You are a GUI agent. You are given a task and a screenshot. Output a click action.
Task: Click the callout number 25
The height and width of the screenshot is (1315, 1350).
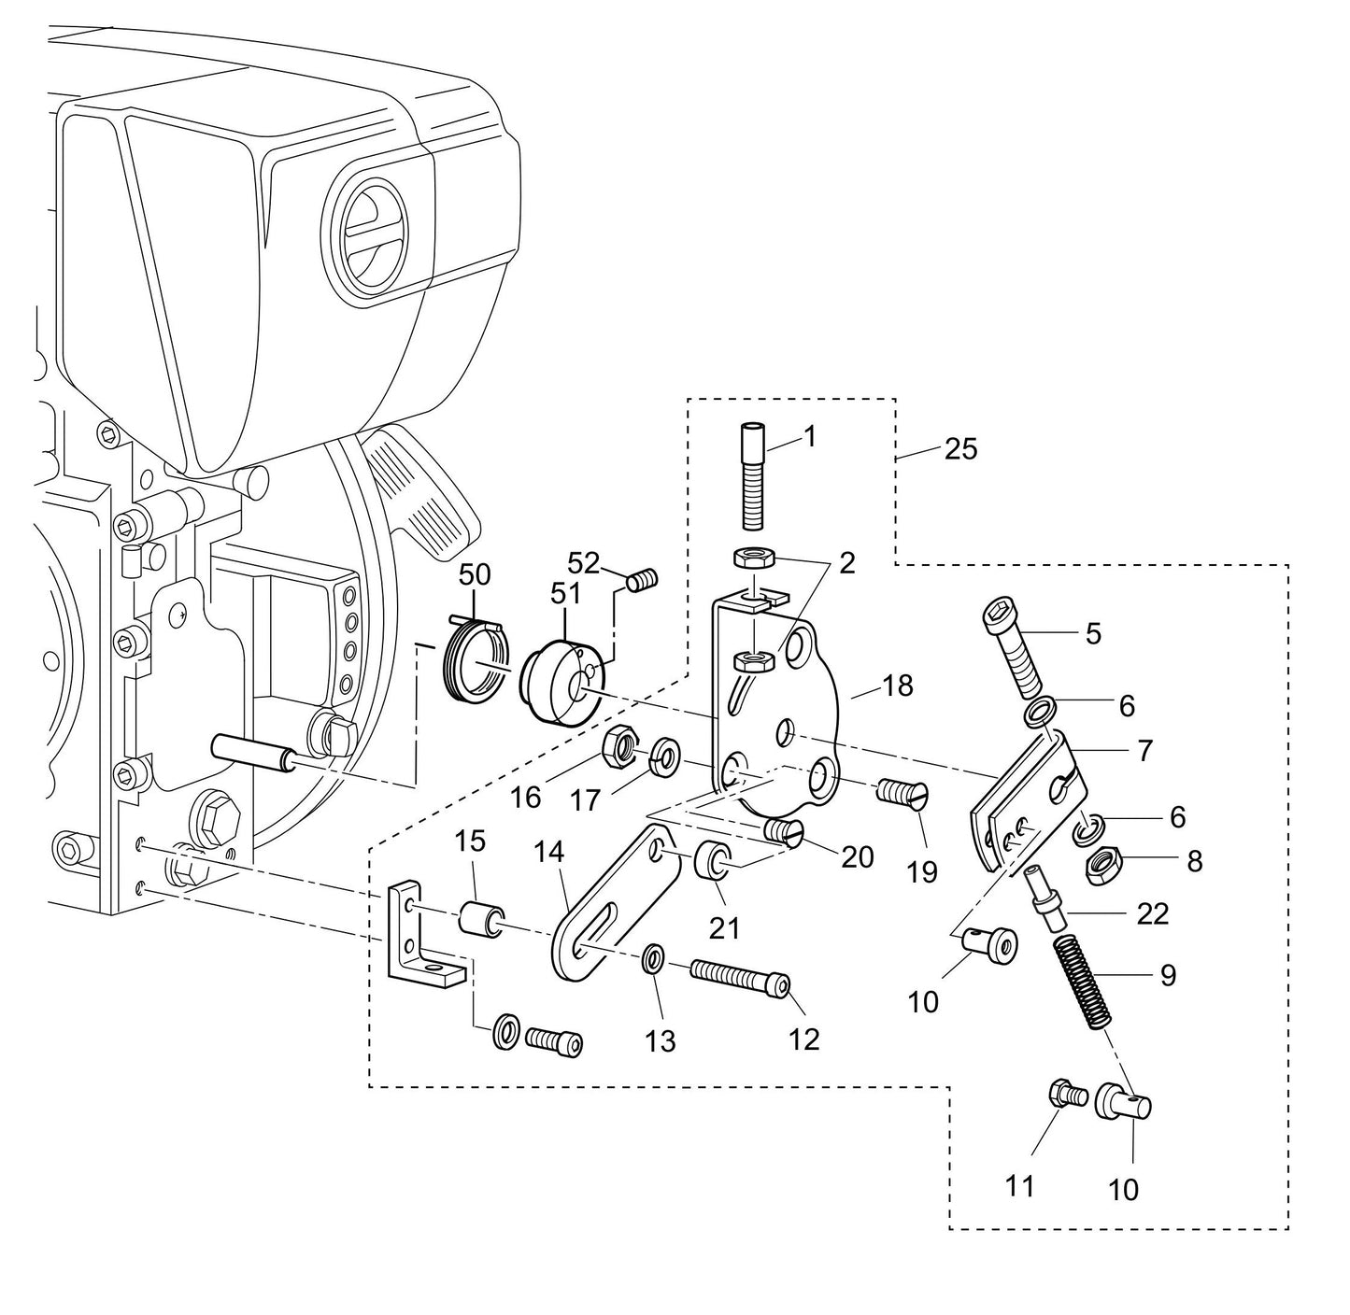959,449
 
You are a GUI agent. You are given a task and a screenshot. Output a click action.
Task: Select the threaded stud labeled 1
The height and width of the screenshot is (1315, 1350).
752,475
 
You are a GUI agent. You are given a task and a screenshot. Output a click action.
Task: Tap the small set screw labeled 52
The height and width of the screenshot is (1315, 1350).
642,581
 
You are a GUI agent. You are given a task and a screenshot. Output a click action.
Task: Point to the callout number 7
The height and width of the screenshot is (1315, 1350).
1144,749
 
